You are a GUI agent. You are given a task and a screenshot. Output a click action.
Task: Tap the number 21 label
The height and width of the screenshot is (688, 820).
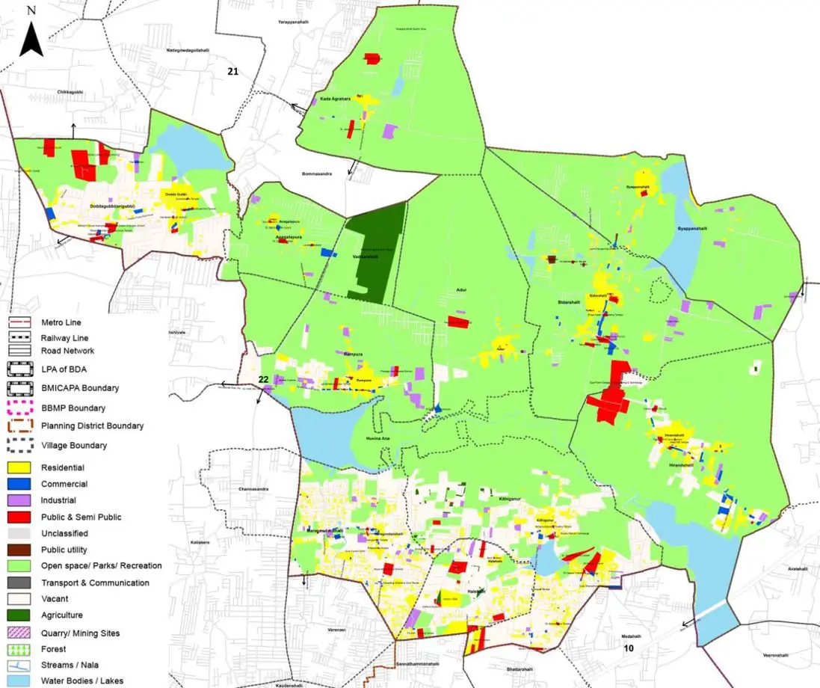pos(233,71)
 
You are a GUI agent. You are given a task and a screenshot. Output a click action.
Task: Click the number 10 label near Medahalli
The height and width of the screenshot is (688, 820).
pos(629,648)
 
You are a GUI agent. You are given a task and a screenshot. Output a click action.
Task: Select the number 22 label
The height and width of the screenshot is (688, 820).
pos(263,380)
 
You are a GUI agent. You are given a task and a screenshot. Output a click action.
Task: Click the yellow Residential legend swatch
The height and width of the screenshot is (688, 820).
pos(20,467)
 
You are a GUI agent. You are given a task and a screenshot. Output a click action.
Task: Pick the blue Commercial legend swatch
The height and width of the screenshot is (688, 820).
pos(20,484)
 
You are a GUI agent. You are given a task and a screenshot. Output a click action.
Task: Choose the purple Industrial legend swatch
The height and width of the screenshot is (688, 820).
pos(20,500)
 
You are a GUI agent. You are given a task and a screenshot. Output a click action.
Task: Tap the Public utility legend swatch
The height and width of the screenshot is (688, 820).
pos(20,550)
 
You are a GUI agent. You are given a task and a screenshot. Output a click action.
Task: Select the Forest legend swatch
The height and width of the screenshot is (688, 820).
pos(20,648)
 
